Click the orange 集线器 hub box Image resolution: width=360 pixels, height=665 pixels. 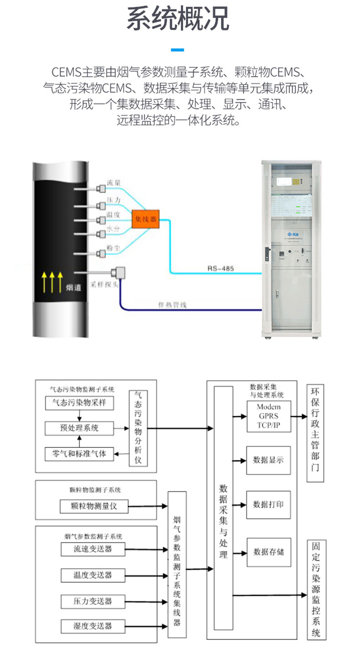pyautogui.click(x=144, y=220)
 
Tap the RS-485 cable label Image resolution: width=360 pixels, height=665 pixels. pyautogui.click(x=221, y=269)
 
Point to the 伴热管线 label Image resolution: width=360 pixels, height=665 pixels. pyautogui.click(x=172, y=304)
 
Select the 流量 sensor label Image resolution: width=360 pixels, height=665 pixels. pyautogui.click(x=114, y=183)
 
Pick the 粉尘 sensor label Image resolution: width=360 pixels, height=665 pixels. pyautogui.click(x=113, y=248)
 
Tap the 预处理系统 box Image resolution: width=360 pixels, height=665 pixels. pyautogui.click(x=79, y=428)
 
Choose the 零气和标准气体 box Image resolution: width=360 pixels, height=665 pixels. pyautogui.click(x=79, y=454)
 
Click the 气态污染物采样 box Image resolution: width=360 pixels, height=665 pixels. pyautogui.click(x=79, y=403)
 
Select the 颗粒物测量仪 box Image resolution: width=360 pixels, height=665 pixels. pyautogui.click(x=94, y=506)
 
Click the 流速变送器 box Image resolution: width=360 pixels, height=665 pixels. pyautogui.click(x=93, y=549)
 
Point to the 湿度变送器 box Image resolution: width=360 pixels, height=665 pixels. pyautogui.click(x=93, y=625)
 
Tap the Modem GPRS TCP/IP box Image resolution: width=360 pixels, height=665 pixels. pyautogui.click(x=268, y=416)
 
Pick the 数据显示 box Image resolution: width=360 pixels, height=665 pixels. pyautogui.click(x=268, y=460)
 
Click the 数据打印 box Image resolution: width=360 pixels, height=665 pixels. pyautogui.click(x=268, y=505)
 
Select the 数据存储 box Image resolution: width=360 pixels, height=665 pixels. pyautogui.click(x=268, y=552)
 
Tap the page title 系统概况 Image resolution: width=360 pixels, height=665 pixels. pyautogui.click(x=178, y=19)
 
